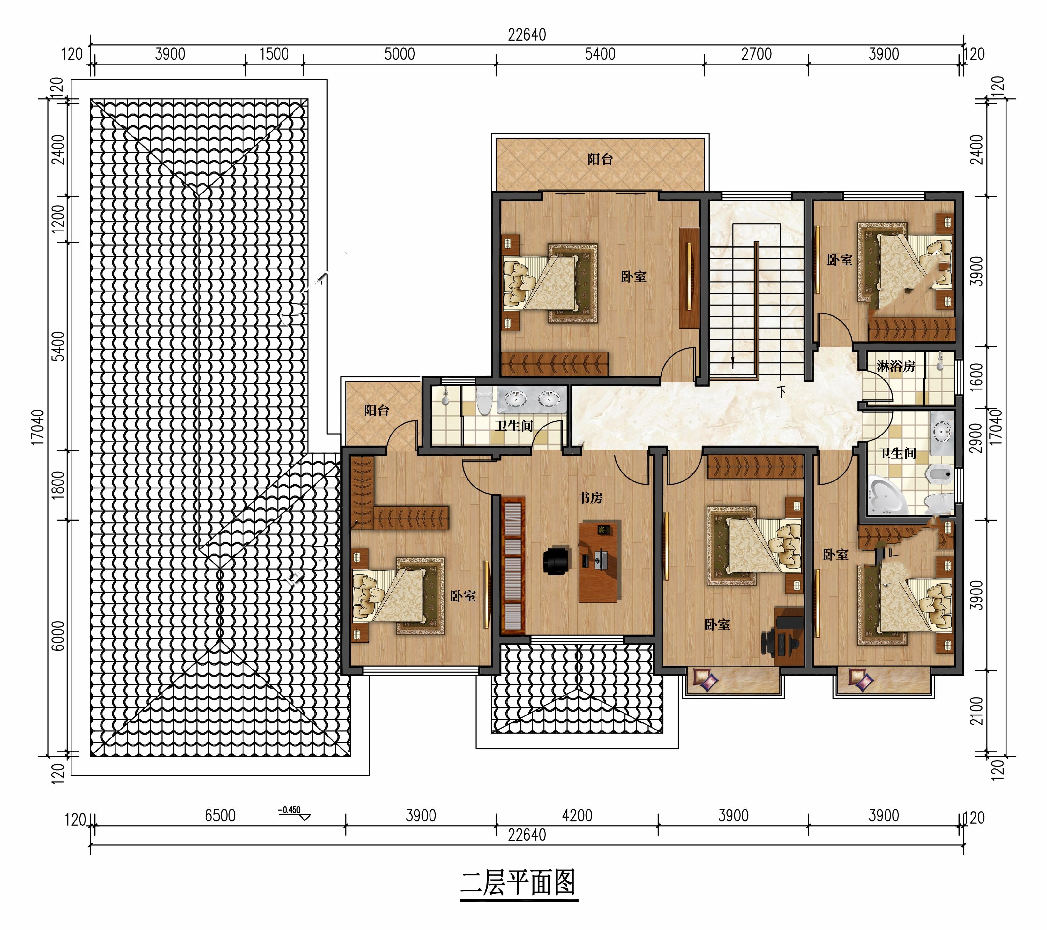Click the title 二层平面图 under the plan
click(x=518, y=882)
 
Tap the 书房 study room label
click(x=590, y=497)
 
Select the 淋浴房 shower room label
click(x=896, y=367)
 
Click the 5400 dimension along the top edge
click(x=600, y=54)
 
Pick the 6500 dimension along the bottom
click(x=220, y=816)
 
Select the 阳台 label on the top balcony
click(x=600, y=159)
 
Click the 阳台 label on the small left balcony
click(x=377, y=411)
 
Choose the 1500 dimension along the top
click(x=274, y=54)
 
